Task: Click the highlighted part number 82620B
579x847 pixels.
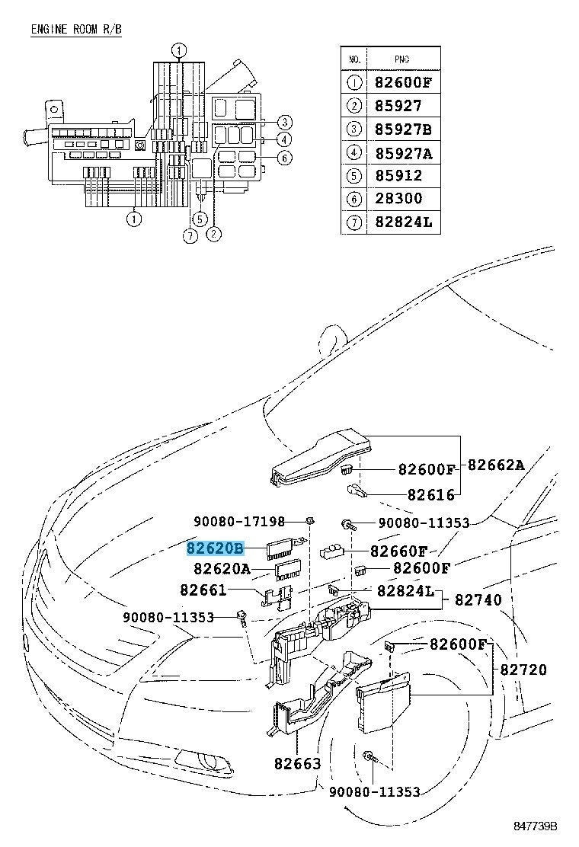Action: coord(216,548)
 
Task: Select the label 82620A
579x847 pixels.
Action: coord(222,568)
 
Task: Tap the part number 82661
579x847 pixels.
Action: coord(204,590)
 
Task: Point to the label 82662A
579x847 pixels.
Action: coord(496,465)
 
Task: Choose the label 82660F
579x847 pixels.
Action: coord(399,551)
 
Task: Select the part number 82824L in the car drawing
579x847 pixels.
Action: coord(405,592)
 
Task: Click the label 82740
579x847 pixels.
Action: coord(478,600)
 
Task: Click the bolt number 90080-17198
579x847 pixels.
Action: coord(239,522)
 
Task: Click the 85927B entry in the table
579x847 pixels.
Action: coord(403,129)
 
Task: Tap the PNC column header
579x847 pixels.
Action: coord(403,59)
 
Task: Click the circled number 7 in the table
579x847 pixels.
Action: coord(353,222)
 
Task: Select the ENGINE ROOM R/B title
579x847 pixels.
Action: coord(76,30)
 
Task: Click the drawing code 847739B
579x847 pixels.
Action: coord(536,826)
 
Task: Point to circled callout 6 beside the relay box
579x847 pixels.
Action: coord(283,158)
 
